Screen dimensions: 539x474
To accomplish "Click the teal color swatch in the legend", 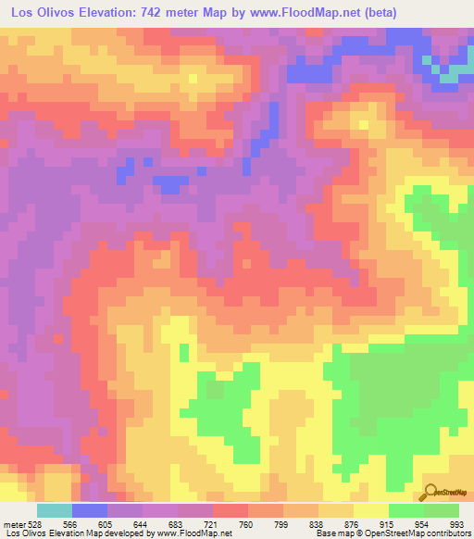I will pos(54,510).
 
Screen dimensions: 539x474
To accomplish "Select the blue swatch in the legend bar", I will pos(89,510).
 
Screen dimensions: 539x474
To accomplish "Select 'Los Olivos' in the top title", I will pos(42,14).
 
